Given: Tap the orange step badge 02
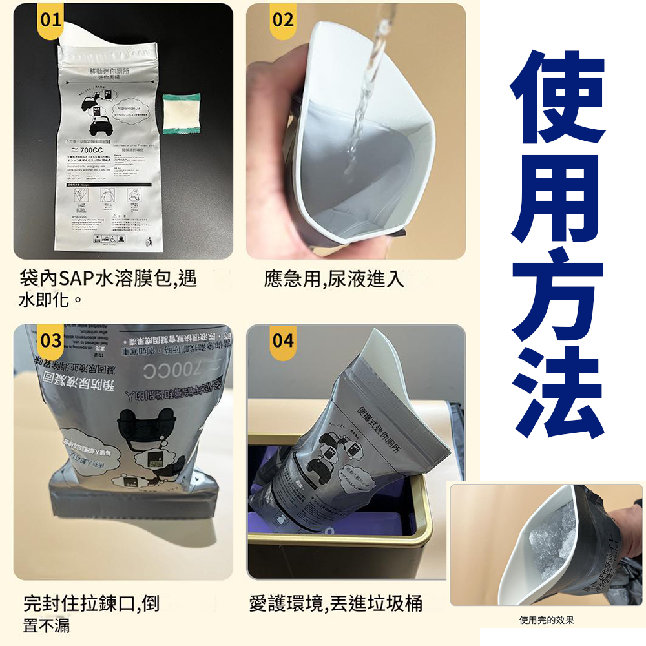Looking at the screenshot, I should [x=283, y=20].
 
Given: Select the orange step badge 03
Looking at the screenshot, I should [x=51, y=340].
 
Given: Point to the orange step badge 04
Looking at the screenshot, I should [x=283, y=340].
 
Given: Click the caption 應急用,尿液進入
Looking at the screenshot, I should [x=334, y=279].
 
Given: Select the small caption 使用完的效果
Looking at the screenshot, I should [x=547, y=620].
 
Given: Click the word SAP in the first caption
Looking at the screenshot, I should [x=76, y=280].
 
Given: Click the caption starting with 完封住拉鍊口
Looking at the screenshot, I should [x=90, y=614].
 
